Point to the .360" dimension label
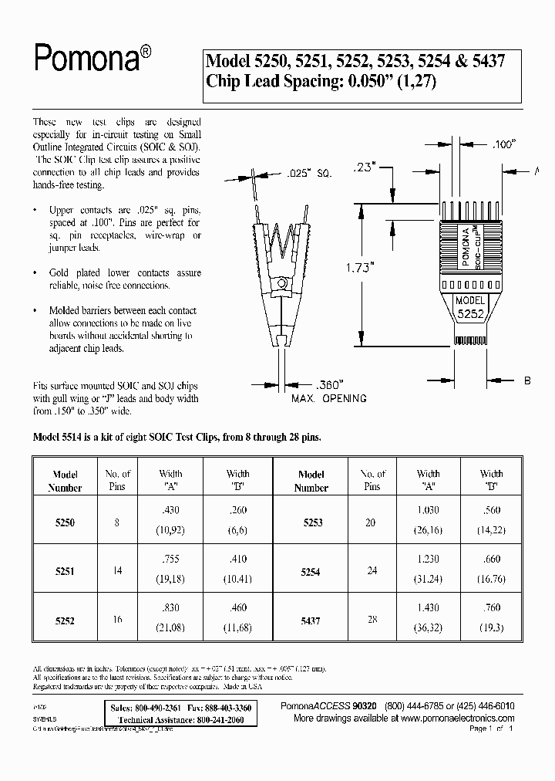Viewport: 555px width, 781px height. tap(331, 384)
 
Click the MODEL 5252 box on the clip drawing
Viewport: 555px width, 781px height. tap(469, 308)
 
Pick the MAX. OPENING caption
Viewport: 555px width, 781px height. tap(328, 399)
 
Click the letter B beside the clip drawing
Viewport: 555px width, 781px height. tap(528, 381)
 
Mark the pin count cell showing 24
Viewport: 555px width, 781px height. tap(371, 572)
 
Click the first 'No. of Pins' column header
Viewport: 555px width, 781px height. tap(117, 479)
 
